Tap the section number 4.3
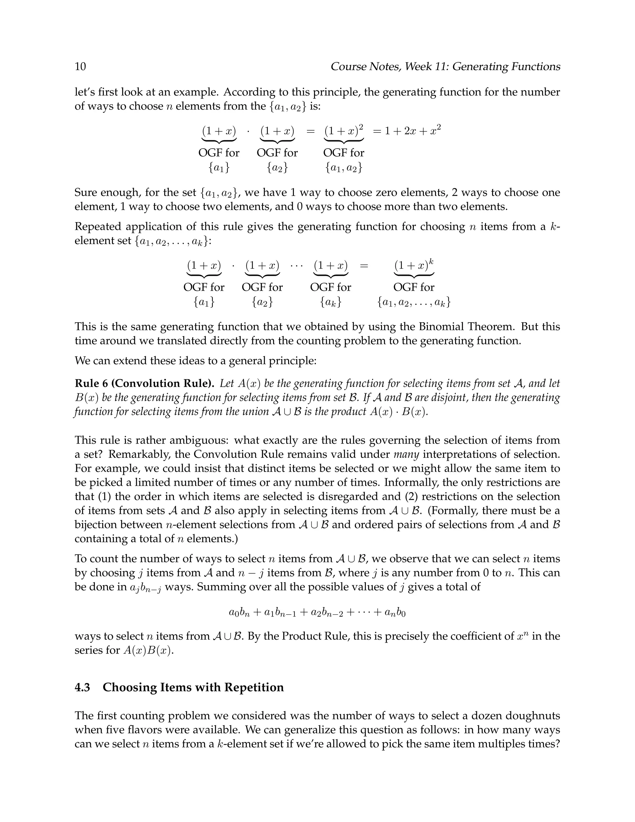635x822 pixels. pos(82,687)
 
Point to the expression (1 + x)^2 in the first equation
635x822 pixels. pos(344,131)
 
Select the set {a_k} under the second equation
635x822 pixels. pos(331,302)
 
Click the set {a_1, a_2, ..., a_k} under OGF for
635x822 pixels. pos(414,302)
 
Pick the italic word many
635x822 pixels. pos(406,454)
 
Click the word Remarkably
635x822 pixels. pos(140,454)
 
